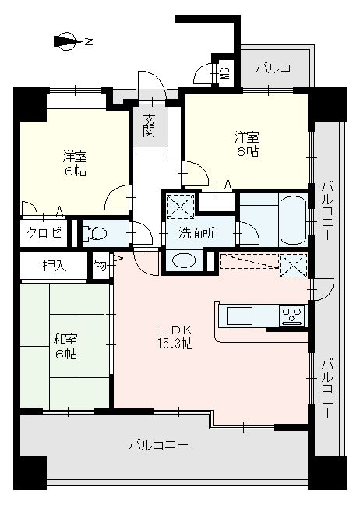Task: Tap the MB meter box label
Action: click(x=225, y=73)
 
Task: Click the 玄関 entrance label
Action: click(x=149, y=125)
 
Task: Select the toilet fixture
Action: click(x=94, y=233)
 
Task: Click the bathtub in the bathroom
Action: click(x=293, y=221)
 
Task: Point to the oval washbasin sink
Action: click(x=184, y=260)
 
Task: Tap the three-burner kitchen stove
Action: click(x=291, y=316)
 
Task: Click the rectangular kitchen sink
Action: click(x=239, y=316)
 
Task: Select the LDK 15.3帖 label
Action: click(x=176, y=337)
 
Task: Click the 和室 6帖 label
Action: click(x=65, y=347)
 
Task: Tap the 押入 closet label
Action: click(x=55, y=266)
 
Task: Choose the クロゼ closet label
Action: click(x=44, y=232)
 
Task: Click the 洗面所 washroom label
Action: click(x=196, y=233)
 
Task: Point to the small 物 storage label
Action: click(x=101, y=266)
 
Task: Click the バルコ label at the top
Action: click(x=274, y=68)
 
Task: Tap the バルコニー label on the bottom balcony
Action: click(x=159, y=445)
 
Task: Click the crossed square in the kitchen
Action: click(x=293, y=266)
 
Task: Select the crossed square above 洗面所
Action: click(x=180, y=207)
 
